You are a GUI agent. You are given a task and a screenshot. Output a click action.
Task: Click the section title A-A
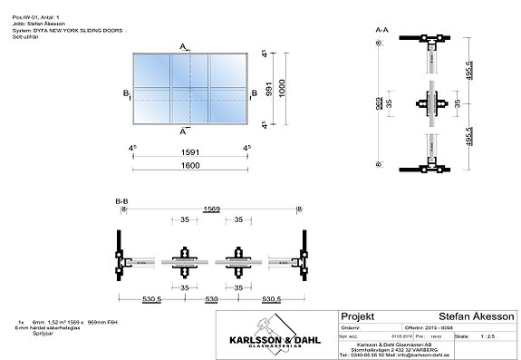382,30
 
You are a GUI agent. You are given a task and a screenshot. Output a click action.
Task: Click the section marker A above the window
184,46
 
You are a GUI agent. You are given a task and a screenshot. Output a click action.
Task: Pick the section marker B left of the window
126,92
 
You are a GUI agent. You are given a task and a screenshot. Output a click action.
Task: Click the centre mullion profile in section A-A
435,103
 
